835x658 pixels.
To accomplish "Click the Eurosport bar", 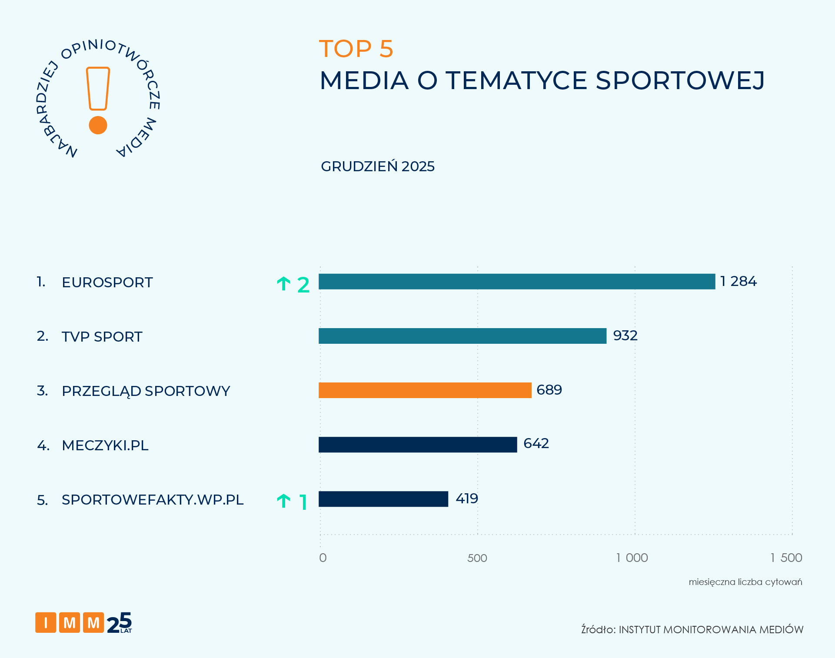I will pyautogui.click(x=516, y=282).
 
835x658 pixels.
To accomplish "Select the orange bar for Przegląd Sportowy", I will pyautogui.click(x=425, y=390).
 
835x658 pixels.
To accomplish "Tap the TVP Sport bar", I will pyautogui.click(x=462, y=336).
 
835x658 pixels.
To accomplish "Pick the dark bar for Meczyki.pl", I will pyautogui.click(x=417, y=445).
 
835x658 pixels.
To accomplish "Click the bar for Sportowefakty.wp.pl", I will pyautogui.click(x=383, y=499).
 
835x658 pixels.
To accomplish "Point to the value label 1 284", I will pyautogui.click(x=738, y=281).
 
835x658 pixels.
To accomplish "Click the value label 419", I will pyautogui.click(x=466, y=498).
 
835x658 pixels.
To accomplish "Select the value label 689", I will pyautogui.click(x=549, y=390).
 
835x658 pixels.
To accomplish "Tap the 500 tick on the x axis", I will pyautogui.click(x=477, y=558).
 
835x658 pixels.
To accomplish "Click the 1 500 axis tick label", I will pyautogui.click(x=786, y=558).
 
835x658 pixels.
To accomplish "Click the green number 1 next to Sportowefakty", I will pyautogui.click(x=303, y=502).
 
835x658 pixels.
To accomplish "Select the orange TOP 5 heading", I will pyautogui.click(x=356, y=49).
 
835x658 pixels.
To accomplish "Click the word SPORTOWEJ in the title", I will pyautogui.click(x=679, y=81).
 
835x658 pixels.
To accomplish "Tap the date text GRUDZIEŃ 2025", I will pyautogui.click(x=377, y=166).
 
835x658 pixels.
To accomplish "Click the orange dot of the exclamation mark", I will pyautogui.click(x=98, y=125).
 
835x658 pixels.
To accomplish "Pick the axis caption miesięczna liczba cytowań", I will pyautogui.click(x=745, y=582).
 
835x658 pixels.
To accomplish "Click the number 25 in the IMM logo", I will pyautogui.click(x=119, y=623).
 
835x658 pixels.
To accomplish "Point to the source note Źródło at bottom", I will pyautogui.click(x=692, y=629).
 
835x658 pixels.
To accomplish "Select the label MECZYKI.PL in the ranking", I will pyautogui.click(x=105, y=445).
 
